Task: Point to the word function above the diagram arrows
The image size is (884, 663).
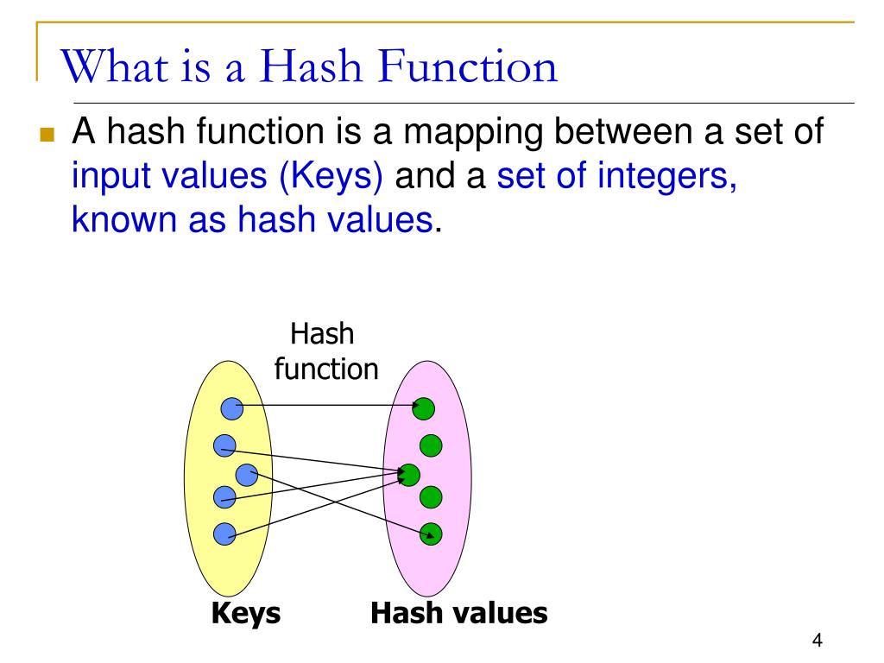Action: click(326, 369)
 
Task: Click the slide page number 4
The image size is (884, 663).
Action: click(817, 641)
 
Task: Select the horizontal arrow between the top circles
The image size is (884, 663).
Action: click(328, 406)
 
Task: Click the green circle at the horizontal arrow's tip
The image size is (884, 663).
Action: click(425, 407)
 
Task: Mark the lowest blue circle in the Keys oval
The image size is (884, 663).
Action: click(224, 534)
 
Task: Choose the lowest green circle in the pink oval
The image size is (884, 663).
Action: click(431, 534)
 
